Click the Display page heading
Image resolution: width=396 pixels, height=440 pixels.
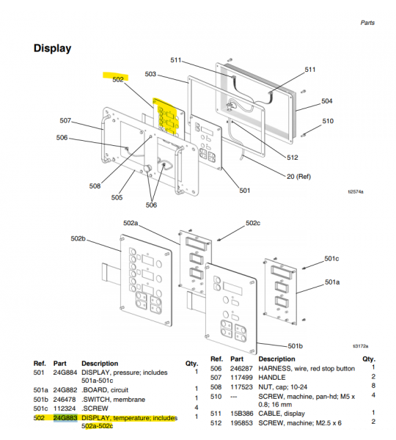(x=53, y=48)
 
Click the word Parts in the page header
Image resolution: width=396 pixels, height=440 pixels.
(x=367, y=23)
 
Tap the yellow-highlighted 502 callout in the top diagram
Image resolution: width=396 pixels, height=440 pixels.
(x=117, y=79)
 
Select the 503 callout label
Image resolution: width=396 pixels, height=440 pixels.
(x=150, y=74)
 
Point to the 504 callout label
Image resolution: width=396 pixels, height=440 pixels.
(x=327, y=101)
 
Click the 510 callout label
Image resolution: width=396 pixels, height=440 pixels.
(x=327, y=121)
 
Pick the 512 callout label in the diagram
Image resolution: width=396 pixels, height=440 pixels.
(x=293, y=157)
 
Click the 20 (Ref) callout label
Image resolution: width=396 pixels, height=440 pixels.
(x=298, y=176)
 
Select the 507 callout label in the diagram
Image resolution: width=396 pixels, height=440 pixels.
(x=65, y=120)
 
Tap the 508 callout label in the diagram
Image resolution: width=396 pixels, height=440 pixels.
(x=95, y=186)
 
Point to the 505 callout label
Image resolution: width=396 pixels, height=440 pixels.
(x=117, y=197)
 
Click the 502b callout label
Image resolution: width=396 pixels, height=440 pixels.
(x=78, y=239)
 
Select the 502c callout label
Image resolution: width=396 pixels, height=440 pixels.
(x=252, y=223)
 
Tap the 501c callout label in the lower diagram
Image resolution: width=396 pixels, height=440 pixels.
(x=331, y=258)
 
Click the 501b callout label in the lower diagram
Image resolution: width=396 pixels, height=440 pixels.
(x=296, y=345)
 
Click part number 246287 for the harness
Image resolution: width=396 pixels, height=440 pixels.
(x=243, y=367)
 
